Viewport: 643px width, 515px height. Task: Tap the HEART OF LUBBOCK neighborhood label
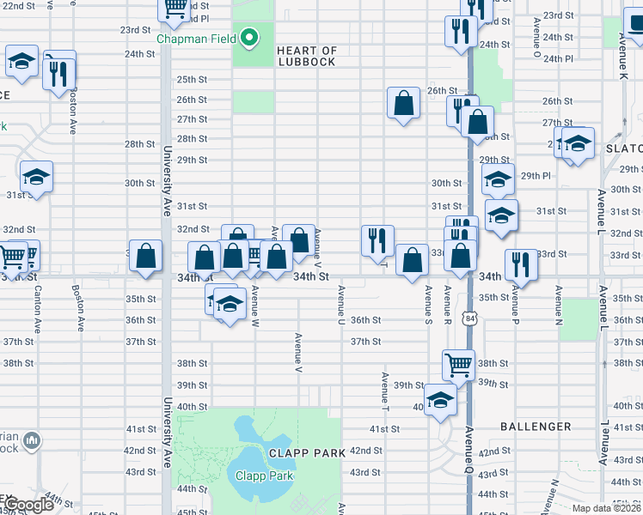(x=307, y=57)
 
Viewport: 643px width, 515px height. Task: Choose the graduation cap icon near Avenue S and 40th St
(x=440, y=400)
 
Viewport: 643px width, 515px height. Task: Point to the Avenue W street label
(x=254, y=306)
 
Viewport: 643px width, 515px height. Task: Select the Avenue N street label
(x=558, y=306)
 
